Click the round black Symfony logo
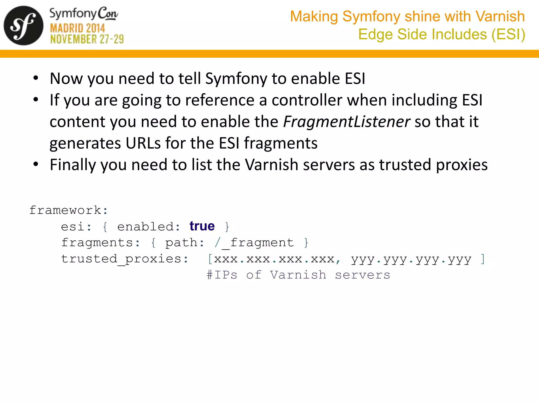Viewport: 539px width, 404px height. coord(23,26)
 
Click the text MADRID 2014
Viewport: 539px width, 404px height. coord(77,28)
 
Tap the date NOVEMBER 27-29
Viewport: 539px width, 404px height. coord(87,39)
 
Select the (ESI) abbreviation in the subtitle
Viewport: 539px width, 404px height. coord(508,34)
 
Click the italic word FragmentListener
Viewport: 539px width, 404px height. coord(346,122)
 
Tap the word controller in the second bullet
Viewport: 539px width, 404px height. coord(307,100)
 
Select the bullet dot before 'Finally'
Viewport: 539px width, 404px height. coord(36,164)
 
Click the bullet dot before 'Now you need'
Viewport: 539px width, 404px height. coord(36,78)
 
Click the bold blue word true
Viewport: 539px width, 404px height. coord(202,226)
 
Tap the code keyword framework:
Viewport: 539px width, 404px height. coord(68,210)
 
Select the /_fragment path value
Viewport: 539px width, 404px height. coord(254,243)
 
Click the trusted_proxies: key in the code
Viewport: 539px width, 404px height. coord(125,259)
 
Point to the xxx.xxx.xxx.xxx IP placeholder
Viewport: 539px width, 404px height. coord(274,259)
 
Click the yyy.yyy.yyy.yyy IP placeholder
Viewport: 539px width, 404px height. coord(411,260)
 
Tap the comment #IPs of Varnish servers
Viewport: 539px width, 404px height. coord(298,275)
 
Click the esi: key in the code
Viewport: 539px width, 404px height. coord(76,227)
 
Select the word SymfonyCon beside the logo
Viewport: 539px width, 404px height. coord(84,14)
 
